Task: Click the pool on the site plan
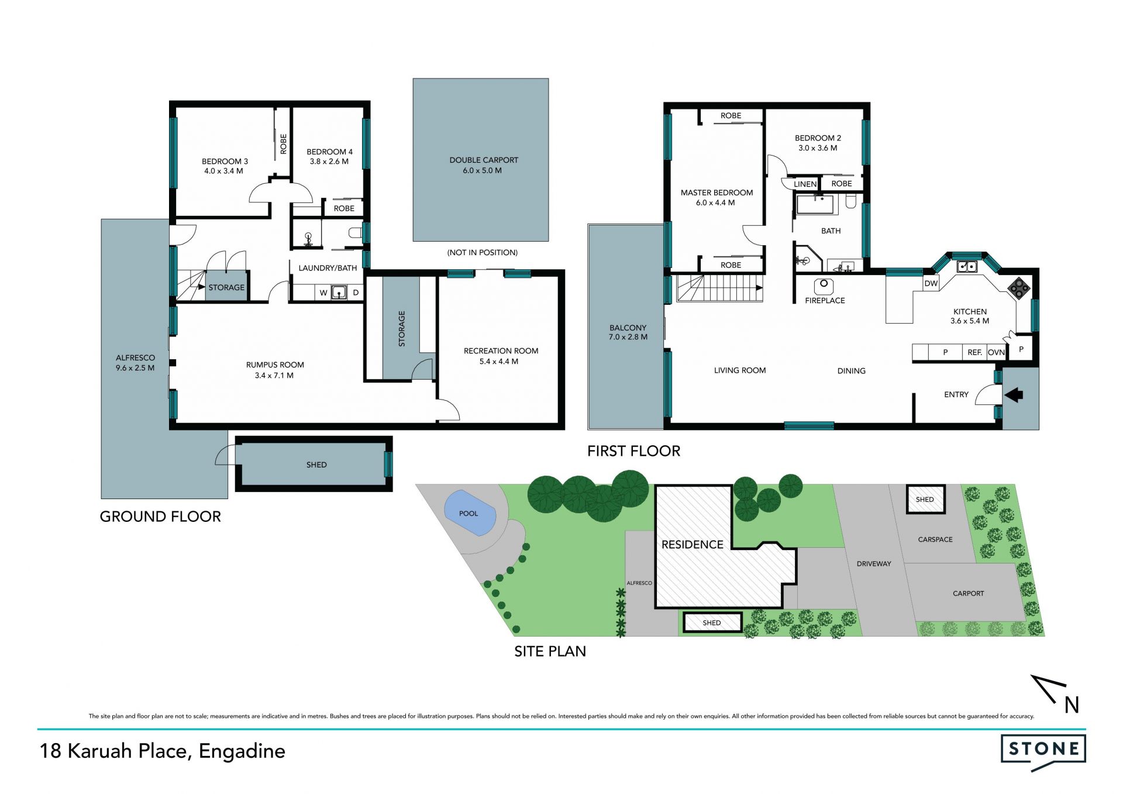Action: click(470, 513)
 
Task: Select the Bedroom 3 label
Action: click(225, 161)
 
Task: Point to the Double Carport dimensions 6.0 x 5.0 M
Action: click(482, 171)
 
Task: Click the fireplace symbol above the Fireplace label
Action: click(824, 286)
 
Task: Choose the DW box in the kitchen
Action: click(931, 283)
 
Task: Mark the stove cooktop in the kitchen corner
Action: click(1018, 288)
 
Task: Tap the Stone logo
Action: click(1043, 752)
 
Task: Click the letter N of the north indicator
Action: click(1072, 705)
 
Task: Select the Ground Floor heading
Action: click(160, 517)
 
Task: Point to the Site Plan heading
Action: click(550, 651)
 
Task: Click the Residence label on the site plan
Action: click(693, 545)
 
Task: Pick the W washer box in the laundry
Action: click(323, 293)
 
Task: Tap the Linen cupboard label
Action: click(805, 184)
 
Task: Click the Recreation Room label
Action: click(501, 351)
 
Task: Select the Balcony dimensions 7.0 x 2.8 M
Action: click(628, 337)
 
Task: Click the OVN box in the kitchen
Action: click(996, 352)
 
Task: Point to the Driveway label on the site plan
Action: click(874, 564)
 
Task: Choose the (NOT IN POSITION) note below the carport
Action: click(483, 253)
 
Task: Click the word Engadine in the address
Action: click(242, 751)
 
